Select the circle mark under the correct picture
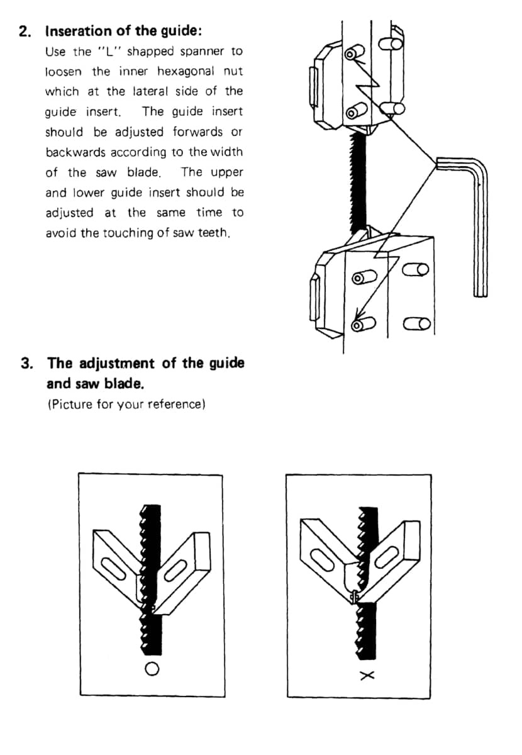[152, 669]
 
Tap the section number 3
[26, 363]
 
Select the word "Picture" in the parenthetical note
[72, 404]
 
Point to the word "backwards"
[75, 152]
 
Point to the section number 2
[25, 31]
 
